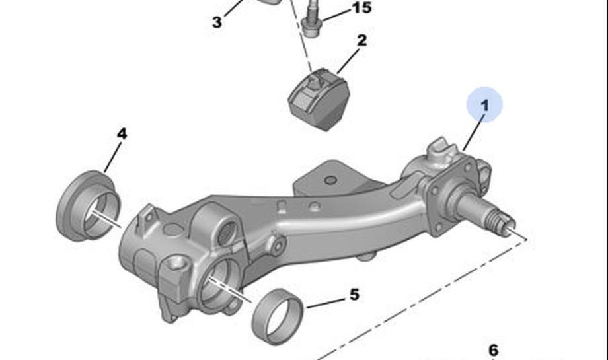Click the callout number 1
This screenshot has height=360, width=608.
pos(484,106)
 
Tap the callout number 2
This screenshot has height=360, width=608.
pos(361,40)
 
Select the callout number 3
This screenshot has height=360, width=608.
pos(217,22)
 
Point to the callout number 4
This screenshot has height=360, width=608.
pos(122,134)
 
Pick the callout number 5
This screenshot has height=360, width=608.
pos(354,295)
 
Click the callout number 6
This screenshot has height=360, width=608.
pos(493,350)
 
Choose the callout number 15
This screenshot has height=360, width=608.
pos(361,7)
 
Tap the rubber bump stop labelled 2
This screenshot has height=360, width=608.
pos(319,99)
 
